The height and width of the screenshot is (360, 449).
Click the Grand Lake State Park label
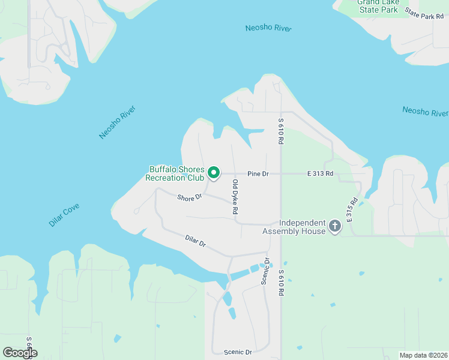pyautogui.click(x=378, y=6)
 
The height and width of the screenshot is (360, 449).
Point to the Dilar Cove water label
pyautogui.click(x=64, y=215)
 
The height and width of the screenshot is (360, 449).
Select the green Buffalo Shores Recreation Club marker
pyautogui.click(x=214, y=174)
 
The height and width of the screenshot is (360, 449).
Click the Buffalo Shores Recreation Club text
pyautogui.click(x=176, y=174)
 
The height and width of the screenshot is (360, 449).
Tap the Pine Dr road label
pyautogui.click(x=258, y=174)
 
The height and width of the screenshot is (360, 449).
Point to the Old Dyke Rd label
pyautogui.click(x=235, y=197)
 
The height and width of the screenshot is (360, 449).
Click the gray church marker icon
pyautogui.click(x=334, y=227)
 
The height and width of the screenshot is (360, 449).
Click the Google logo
pyautogui.click(x=20, y=353)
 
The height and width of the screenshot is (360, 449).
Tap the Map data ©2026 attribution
pyautogui.click(x=423, y=355)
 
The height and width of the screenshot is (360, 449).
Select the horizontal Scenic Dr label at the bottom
pyautogui.click(x=238, y=352)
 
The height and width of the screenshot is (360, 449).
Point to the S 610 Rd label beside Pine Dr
pyautogui.click(x=280, y=131)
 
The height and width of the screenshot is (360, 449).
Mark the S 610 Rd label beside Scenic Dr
pyautogui.click(x=280, y=283)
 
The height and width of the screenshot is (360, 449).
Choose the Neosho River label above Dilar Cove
pyautogui.click(x=118, y=122)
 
